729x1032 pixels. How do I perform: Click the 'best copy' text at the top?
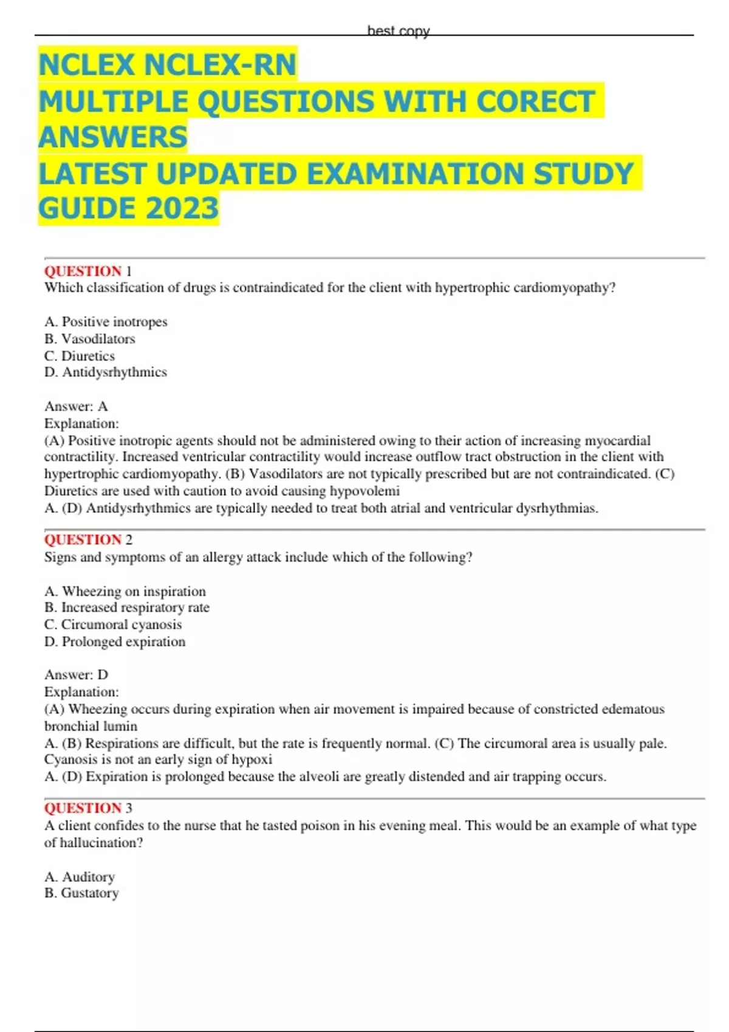point(398,31)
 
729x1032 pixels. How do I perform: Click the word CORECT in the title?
point(535,101)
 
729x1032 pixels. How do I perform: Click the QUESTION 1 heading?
point(88,271)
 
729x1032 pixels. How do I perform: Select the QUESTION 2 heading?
point(88,540)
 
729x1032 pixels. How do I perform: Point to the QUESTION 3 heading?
point(88,808)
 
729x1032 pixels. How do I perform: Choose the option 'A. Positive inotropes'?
point(106,322)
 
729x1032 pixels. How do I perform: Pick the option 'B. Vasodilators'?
point(90,339)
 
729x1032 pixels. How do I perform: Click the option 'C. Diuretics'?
point(80,356)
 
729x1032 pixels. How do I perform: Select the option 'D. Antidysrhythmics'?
point(106,372)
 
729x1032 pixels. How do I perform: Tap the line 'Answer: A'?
point(76,406)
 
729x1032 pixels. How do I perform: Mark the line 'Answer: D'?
point(76,674)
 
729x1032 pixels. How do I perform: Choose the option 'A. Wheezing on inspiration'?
point(125,591)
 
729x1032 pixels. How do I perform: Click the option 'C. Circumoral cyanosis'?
point(113,625)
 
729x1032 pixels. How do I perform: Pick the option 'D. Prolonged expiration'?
point(115,642)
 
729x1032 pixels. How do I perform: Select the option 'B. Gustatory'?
point(81,893)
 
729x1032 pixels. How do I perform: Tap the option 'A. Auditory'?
point(80,877)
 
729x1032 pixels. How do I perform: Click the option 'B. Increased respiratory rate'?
point(127,608)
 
